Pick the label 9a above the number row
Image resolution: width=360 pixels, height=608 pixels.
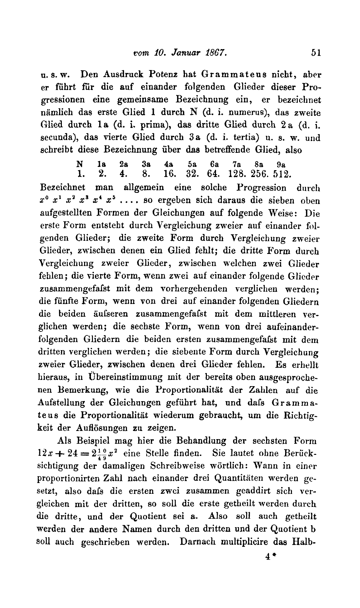pyautogui.click(x=281, y=164)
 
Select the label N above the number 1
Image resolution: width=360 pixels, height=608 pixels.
pyautogui.click(x=79, y=164)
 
